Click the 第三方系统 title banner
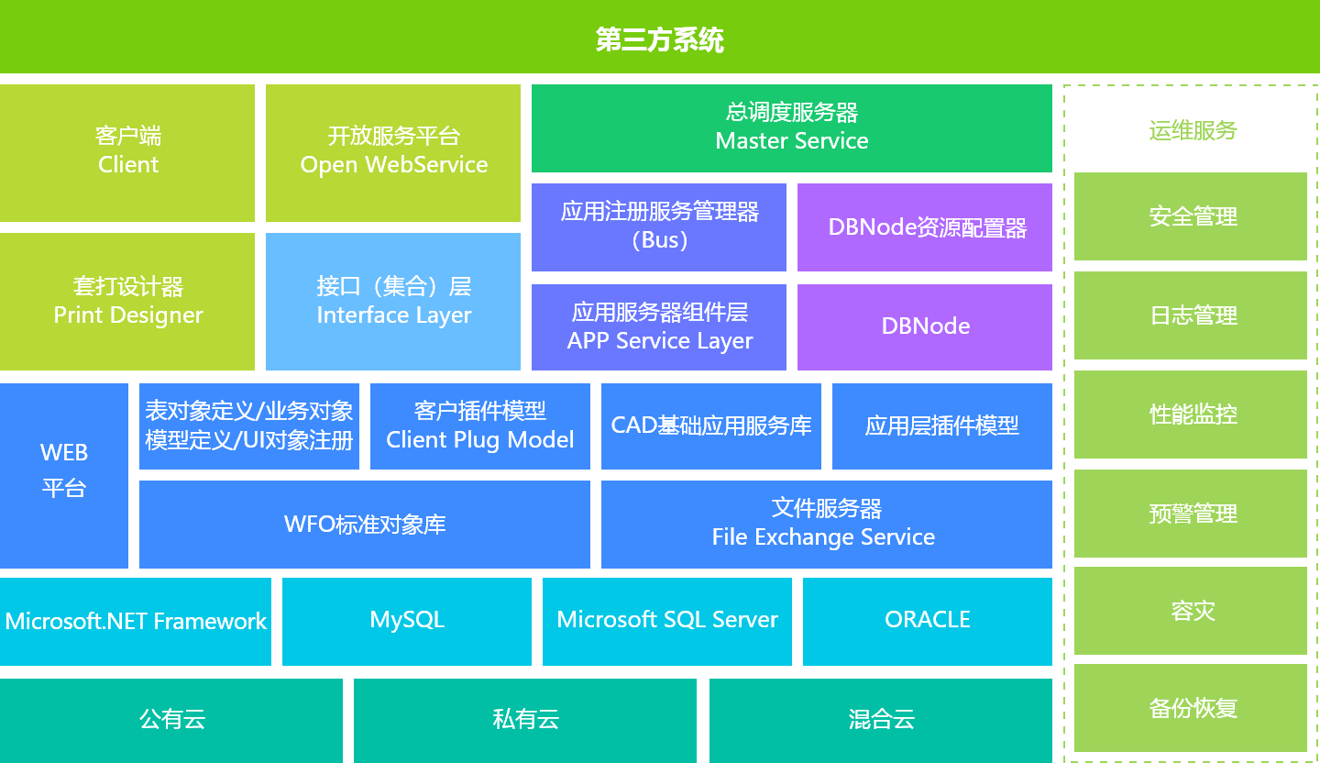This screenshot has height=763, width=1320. point(660,39)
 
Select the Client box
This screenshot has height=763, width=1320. point(127,152)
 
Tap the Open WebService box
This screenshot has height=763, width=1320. point(393,152)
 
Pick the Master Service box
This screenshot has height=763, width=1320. point(792,128)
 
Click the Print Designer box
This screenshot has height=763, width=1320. point(127,302)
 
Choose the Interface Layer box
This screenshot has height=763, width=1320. point(393,302)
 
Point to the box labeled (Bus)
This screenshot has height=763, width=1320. point(659,227)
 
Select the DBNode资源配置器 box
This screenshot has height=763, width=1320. point(925,227)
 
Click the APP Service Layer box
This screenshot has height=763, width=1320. point(659,327)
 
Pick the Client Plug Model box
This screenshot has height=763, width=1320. point(480,426)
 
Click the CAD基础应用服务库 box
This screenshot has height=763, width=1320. point(711,426)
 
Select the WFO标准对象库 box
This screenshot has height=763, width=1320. point(365,525)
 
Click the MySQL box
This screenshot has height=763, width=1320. point(407,621)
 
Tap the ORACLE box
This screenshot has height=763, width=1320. point(928,621)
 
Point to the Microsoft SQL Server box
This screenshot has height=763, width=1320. point(667,621)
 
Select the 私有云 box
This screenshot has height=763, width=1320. point(525,720)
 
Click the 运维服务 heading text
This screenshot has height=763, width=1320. point(1193,130)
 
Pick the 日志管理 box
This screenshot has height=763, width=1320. point(1191,315)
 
